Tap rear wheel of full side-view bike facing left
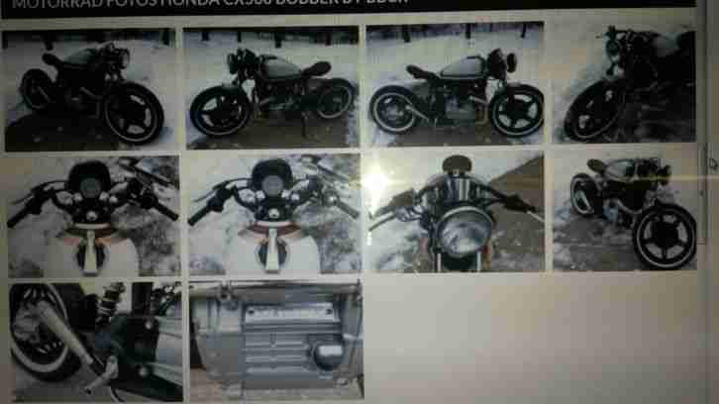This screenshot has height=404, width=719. click(x=333, y=98)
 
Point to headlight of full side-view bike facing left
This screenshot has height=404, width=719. click(x=235, y=62)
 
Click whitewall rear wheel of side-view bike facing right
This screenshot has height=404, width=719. click(x=395, y=108)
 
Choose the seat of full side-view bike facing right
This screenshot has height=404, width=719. click(x=424, y=72)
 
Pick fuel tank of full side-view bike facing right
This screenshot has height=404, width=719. click(x=462, y=67)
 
